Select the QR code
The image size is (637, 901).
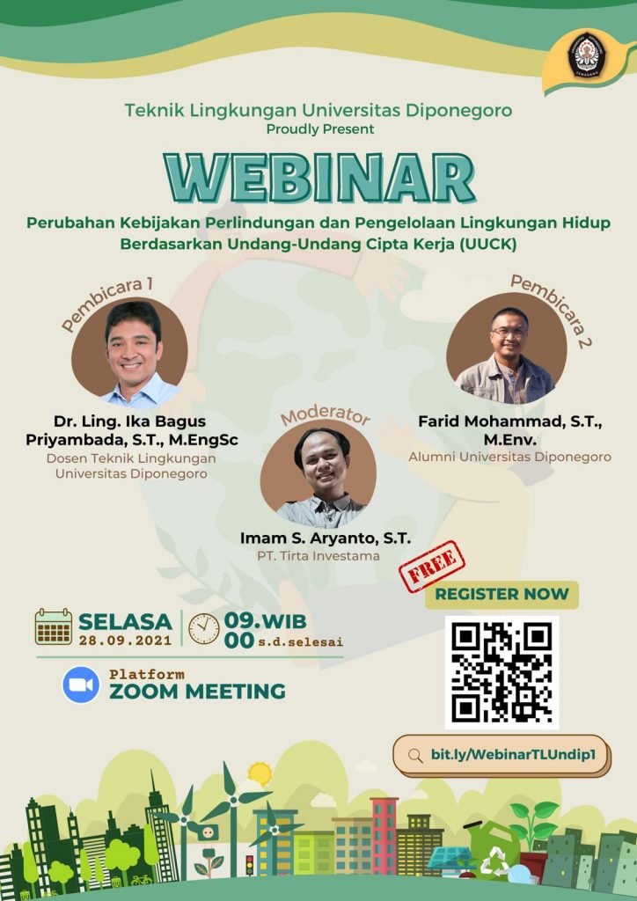click(x=502, y=672)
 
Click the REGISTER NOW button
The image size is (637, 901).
click(x=502, y=594)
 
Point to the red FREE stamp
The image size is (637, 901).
click(x=433, y=566)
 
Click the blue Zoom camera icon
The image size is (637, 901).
click(x=81, y=685)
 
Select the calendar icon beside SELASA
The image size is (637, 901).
click(x=54, y=626)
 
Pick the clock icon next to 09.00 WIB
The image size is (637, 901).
click(x=204, y=627)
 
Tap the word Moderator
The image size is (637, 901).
click(x=325, y=416)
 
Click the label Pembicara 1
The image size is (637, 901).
click(x=107, y=304)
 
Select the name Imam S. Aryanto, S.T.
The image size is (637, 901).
click(x=325, y=538)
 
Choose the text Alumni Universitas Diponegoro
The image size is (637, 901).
click(x=509, y=457)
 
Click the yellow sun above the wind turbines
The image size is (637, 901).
click(x=260, y=773)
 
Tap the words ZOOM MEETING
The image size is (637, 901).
click(x=197, y=692)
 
